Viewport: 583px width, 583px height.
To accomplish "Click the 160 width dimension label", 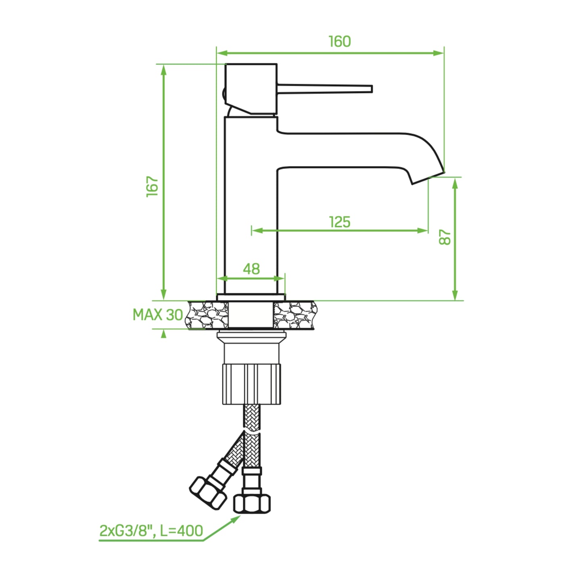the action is pyautogui.click(x=340, y=42).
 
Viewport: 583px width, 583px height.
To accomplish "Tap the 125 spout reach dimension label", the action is pyautogui.click(x=340, y=222).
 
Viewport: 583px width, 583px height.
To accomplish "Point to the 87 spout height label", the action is pyautogui.click(x=445, y=237).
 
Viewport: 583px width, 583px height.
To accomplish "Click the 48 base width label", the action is pyautogui.click(x=251, y=269).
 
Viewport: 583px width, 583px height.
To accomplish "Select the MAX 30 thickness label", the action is pyautogui.click(x=158, y=315).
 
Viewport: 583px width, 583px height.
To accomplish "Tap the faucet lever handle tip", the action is pyautogui.click(x=372, y=89).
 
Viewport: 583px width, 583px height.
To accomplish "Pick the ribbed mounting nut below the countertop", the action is pyautogui.click(x=251, y=384).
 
